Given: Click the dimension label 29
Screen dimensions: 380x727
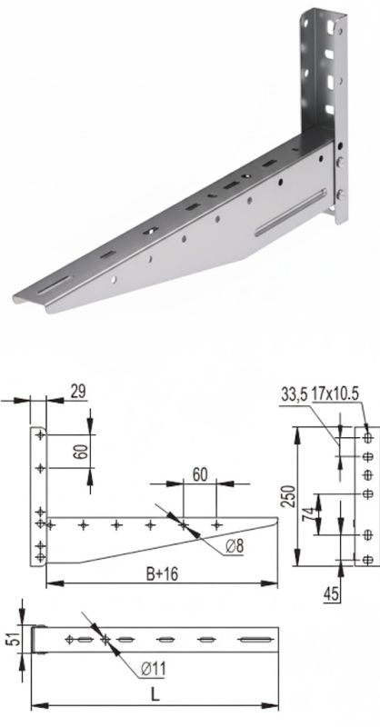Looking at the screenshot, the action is [78, 392].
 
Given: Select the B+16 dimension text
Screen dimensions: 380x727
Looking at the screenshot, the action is [163, 574].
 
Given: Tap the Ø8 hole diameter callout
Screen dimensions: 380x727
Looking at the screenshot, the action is [235, 547].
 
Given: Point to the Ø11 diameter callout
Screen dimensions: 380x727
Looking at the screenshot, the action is [153, 669].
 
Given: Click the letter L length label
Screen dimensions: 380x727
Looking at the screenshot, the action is [155, 695].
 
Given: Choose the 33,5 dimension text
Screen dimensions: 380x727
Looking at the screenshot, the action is [295, 395].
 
